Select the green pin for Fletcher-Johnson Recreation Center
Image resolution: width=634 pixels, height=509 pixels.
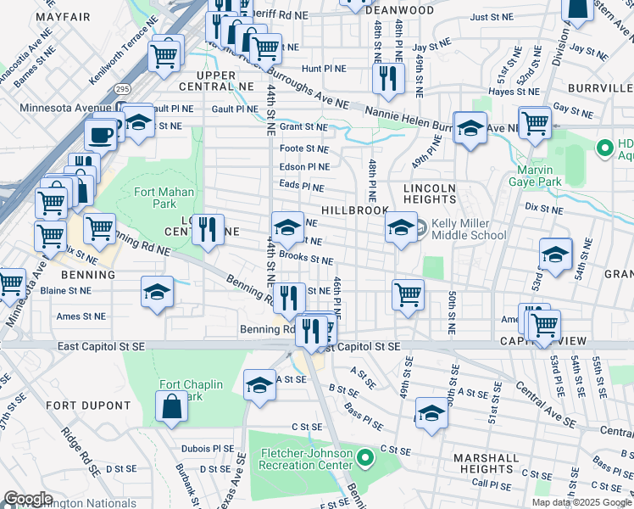pos(365,459)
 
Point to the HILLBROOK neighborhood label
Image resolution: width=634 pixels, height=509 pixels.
pos(354,210)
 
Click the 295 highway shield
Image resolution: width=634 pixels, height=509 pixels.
pos(122,88)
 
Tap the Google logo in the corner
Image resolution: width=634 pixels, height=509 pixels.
pos(28,499)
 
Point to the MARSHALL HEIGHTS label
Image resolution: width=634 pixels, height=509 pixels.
pos(486,463)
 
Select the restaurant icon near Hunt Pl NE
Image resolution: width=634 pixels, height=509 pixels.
pos(387,80)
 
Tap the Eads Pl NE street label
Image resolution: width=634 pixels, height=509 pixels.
pos(302,187)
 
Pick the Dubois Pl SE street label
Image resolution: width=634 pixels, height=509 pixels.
pos(207,448)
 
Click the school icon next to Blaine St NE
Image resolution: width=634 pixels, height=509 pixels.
pos(156,293)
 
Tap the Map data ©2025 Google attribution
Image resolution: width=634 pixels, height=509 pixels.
pos(581,502)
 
